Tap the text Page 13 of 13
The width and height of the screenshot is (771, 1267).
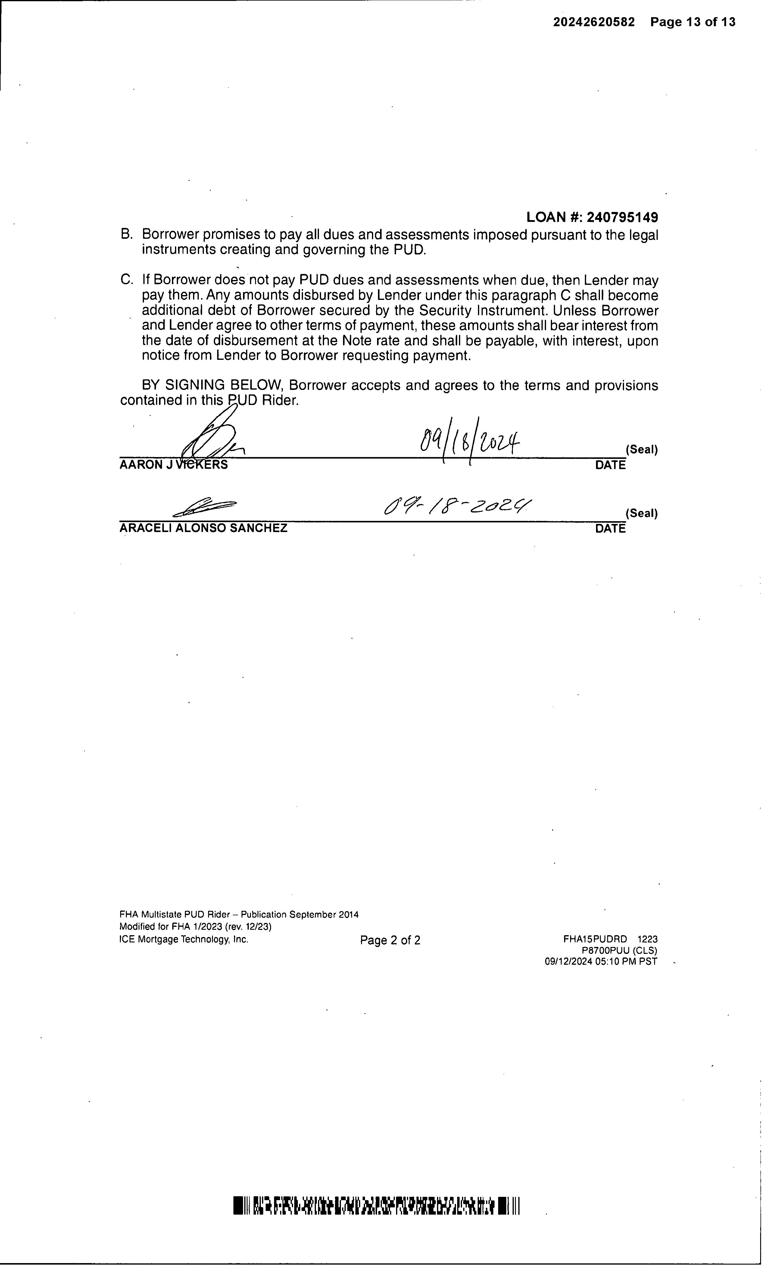click(x=692, y=22)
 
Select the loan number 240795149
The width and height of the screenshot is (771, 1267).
click(x=622, y=217)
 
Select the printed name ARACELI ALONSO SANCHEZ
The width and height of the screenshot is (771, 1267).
click(x=203, y=528)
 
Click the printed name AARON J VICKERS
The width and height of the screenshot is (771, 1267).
click(x=173, y=465)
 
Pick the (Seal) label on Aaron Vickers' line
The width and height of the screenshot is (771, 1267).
click(x=641, y=450)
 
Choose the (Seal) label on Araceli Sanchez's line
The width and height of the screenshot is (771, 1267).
click(x=641, y=513)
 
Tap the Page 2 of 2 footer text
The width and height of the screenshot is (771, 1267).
click(x=390, y=941)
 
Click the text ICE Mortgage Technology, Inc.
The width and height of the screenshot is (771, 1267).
click(x=184, y=939)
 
